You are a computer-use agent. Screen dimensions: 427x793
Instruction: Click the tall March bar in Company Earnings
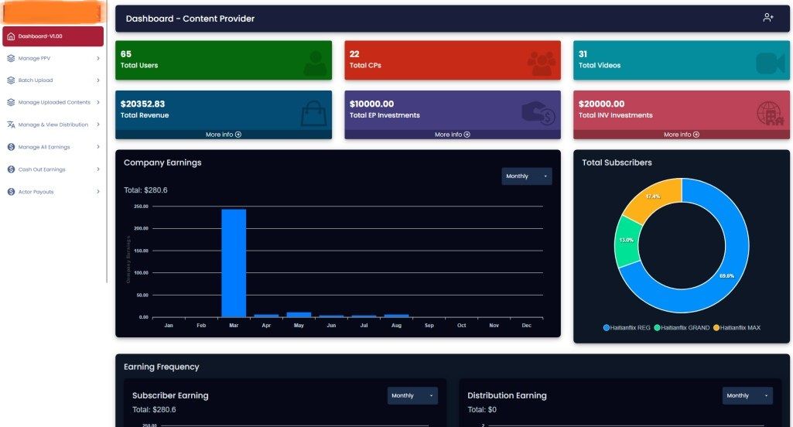(x=234, y=263)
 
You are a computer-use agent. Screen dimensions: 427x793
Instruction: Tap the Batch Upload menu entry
(x=35, y=80)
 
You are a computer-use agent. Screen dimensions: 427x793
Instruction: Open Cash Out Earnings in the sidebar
(x=41, y=169)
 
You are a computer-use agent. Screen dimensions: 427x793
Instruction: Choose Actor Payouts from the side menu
(x=36, y=192)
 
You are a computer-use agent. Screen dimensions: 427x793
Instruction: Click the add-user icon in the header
(x=767, y=18)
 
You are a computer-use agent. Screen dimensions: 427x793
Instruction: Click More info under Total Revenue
(x=224, y=135)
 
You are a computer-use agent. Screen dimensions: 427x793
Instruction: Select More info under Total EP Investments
(x=453, y=135)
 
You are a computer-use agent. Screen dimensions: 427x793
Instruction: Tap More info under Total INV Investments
(x=682, y=135)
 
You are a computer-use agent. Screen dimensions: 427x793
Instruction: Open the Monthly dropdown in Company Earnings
(x=527, y=176)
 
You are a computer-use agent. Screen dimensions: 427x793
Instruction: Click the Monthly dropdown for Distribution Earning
(x=747, y=395)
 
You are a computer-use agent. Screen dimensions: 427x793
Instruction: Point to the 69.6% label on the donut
(x=727, y=276)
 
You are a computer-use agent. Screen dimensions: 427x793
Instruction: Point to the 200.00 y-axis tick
(x=141, y=228)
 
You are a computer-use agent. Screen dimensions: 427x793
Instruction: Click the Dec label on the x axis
(x=527, y=326)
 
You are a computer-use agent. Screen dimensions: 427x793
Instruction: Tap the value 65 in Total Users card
(x=126, y=54)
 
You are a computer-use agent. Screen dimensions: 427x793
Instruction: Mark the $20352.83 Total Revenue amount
(x=142, y=104)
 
